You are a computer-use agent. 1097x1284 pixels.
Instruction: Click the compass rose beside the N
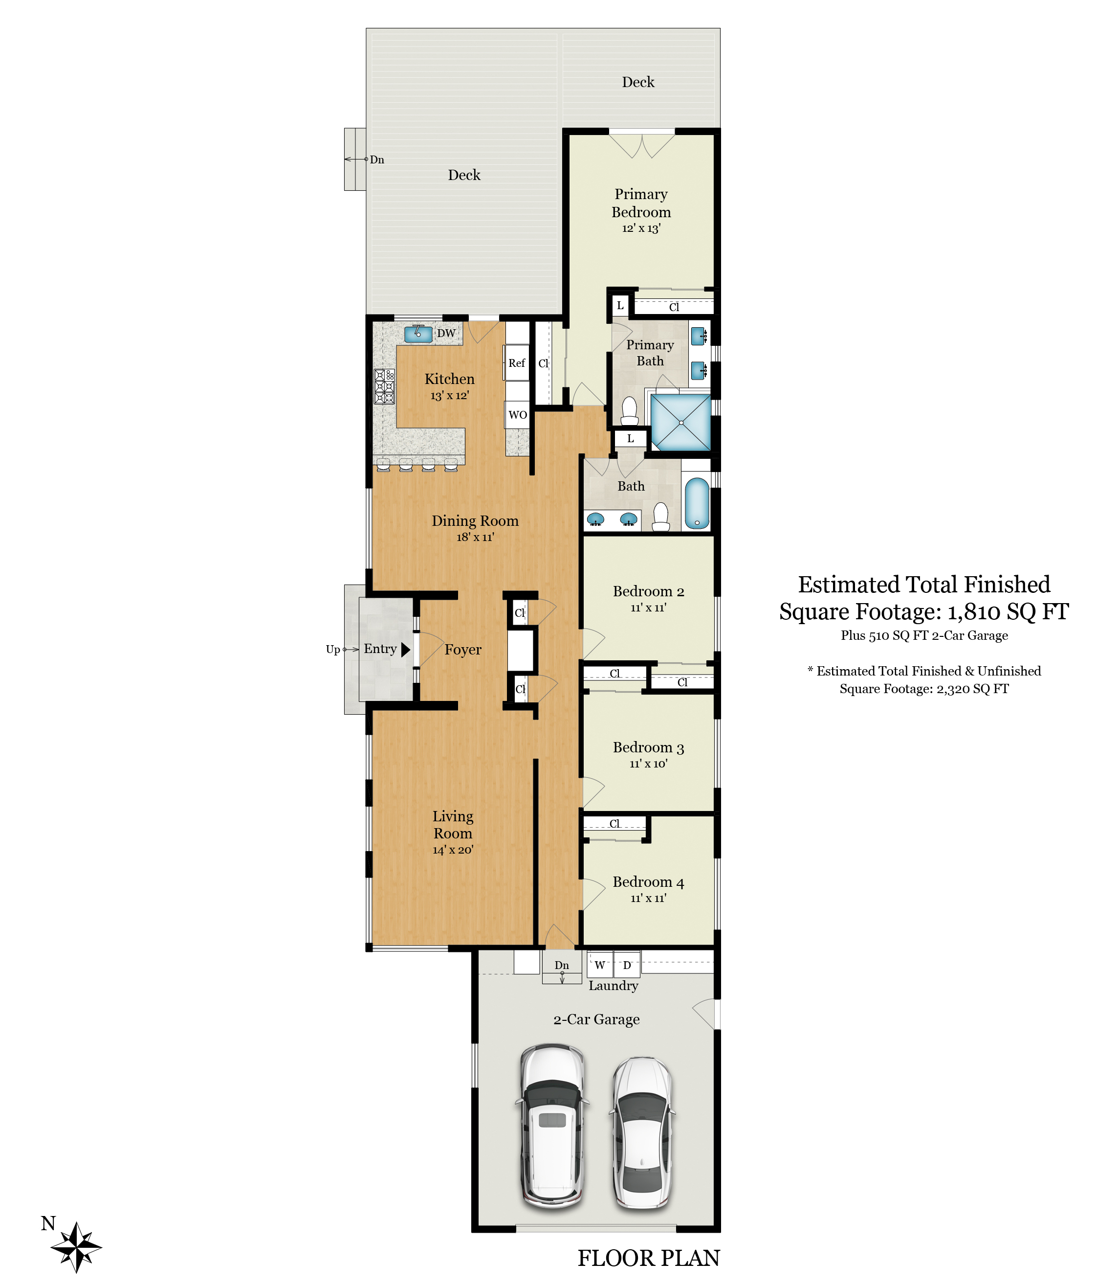click(76, 1247)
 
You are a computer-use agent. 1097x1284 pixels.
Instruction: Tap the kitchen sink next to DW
click(418, 334)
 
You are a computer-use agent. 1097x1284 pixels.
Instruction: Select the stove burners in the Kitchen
click(385, 387)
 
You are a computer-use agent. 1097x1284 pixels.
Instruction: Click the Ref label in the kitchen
click(517, 363)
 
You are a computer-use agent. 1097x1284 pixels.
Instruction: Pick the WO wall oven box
click(518, 415)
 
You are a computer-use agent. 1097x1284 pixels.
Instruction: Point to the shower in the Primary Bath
click(681, 423)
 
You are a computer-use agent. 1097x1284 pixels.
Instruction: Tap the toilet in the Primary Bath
click(629, 411)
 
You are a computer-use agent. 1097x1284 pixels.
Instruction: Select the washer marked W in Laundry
click(600, 964)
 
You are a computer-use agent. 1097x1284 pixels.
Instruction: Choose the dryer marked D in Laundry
click(627, 964)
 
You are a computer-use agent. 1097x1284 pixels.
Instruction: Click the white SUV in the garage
click(552, 1126)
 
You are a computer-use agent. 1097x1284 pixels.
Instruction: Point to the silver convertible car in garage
click(642, 1133)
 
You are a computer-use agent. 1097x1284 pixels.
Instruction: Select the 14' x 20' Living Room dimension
click(453, 850)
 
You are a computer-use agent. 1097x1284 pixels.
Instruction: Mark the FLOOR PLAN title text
click(649, 1258)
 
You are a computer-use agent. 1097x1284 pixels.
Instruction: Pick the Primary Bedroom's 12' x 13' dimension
click(641, 228)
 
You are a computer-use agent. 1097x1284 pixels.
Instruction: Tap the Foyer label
click(463, 650)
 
